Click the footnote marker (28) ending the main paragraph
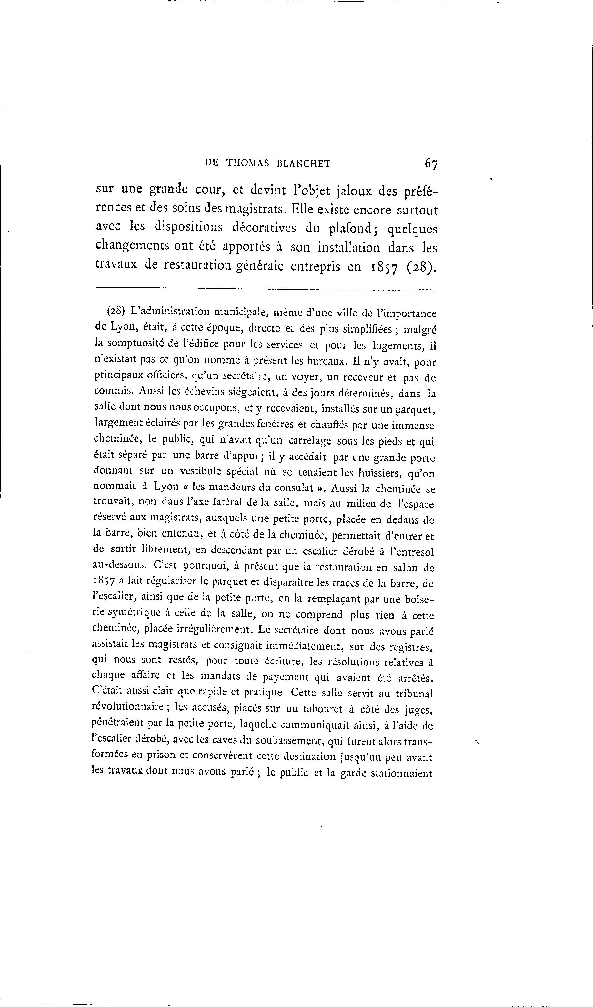point(420,266)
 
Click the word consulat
point(291,488)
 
